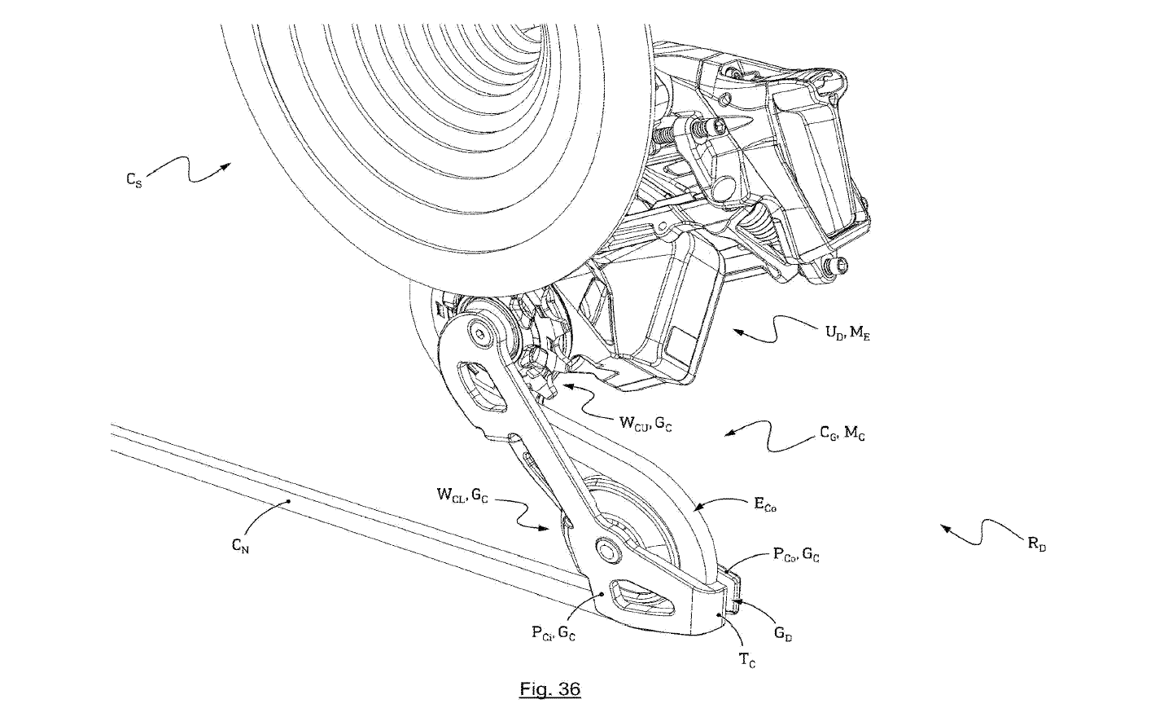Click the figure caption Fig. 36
(x=549, y=689)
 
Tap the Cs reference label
(x=136, y=180)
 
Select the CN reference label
(x=240, y=547)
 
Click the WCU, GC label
(x=645, y=423)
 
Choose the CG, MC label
(x=842, y=435)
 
